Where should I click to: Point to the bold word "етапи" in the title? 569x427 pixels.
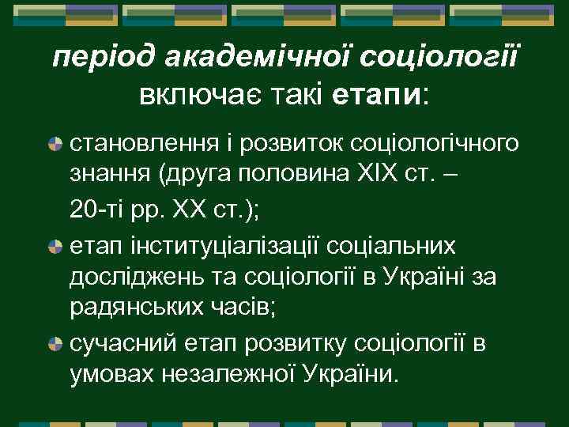pyautogui.click(x=378, y=95)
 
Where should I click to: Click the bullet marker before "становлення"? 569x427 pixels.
pyautogui.click(x=55, y=145)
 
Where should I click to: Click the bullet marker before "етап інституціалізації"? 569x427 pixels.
pyautogui.click(x=55, y=246)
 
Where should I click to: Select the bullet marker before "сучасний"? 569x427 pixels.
pyautogui.click(x=55, y=344)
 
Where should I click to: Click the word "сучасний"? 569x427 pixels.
pyautogui.click(x=119, y=344)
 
